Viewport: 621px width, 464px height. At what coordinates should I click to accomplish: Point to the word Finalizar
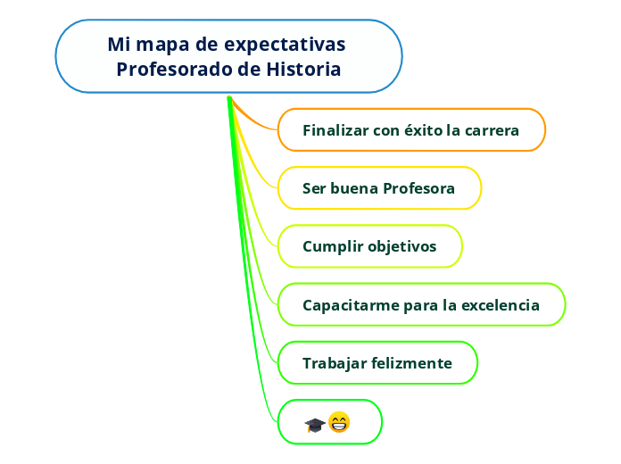click(x=335, y=130)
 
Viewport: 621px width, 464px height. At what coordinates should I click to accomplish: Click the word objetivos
click(x=402, y=246)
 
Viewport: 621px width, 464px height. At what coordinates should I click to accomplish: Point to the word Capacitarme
click(x=351, y=305)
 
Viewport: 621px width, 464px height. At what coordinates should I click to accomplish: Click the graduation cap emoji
click(x=314, y=425)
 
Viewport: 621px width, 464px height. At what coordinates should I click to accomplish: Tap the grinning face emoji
click(x=339, y=422)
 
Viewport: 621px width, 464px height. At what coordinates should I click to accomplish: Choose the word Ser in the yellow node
click(x=313, y=188)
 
